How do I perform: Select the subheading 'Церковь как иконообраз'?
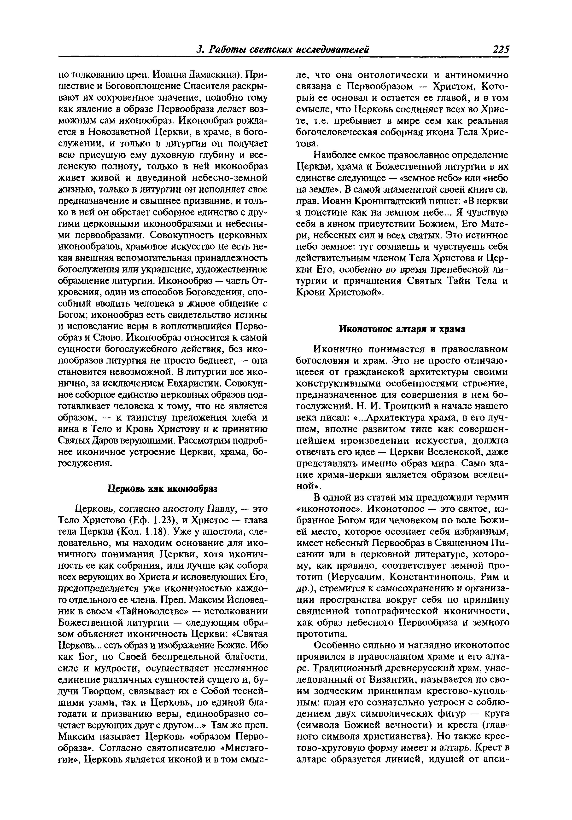click(x=163, y=488)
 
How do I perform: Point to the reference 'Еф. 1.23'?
click(x=145, y=520)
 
